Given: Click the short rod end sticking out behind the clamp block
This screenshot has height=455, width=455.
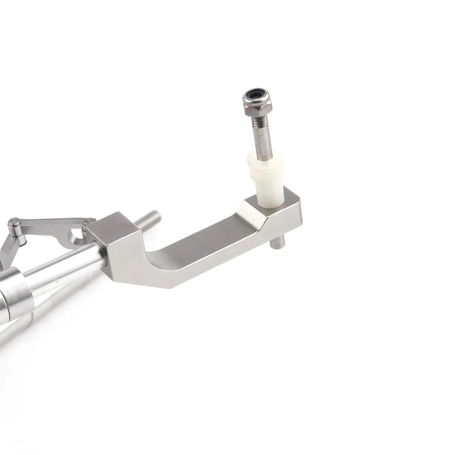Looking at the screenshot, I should tap(154, 219).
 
